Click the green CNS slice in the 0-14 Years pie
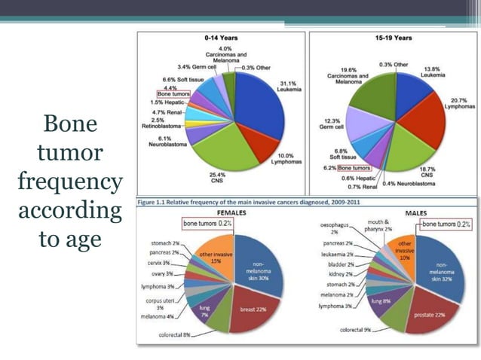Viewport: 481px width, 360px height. coord(226,151)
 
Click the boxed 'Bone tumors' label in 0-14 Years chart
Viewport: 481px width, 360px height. coord(173,94)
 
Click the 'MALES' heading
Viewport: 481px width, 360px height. coord(416,213)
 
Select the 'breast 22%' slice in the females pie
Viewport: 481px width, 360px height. coord(254,310)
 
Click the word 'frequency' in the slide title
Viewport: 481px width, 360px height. coord(69,182)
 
